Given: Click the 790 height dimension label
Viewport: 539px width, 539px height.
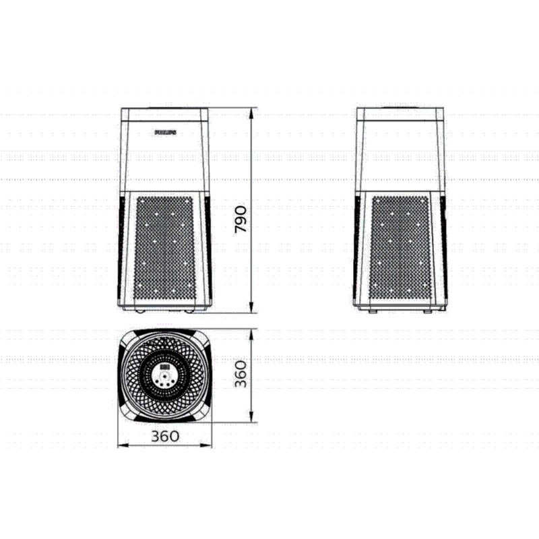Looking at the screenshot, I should point(241,220).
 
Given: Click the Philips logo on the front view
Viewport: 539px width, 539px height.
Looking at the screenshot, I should point(164,133).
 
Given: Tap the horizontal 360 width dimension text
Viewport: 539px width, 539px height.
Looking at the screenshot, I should point(165,436).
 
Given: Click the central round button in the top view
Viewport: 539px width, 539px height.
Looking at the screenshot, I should point(164,380).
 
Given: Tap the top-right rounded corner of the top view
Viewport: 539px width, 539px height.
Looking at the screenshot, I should point(203,338).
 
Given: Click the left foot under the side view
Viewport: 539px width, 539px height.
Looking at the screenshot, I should point(373,311).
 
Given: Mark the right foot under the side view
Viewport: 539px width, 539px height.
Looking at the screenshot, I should point(428,311).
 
